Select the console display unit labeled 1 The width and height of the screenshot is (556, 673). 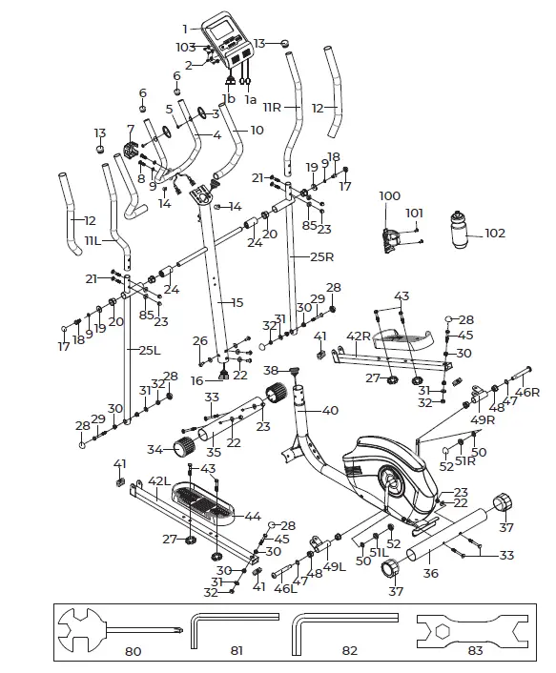tap(229, 38)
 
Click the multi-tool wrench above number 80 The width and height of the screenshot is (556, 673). tap(114, 629)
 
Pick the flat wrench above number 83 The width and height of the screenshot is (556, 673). tap(470, 629)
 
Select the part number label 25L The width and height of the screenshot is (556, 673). tap(149, 350)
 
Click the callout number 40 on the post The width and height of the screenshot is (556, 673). tap(330, 411)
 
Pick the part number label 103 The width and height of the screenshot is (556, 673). tap(185, 46)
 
